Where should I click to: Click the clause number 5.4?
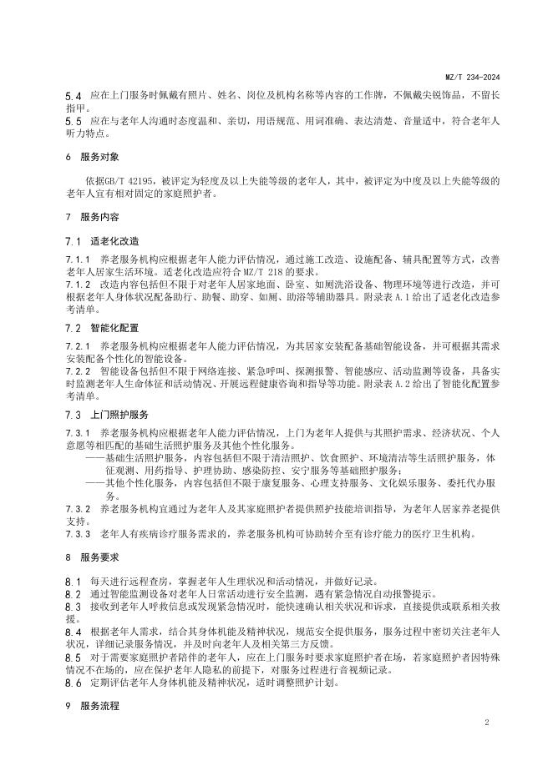74,97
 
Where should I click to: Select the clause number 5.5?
74,121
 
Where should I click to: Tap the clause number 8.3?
74,607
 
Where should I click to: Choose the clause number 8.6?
74,681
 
